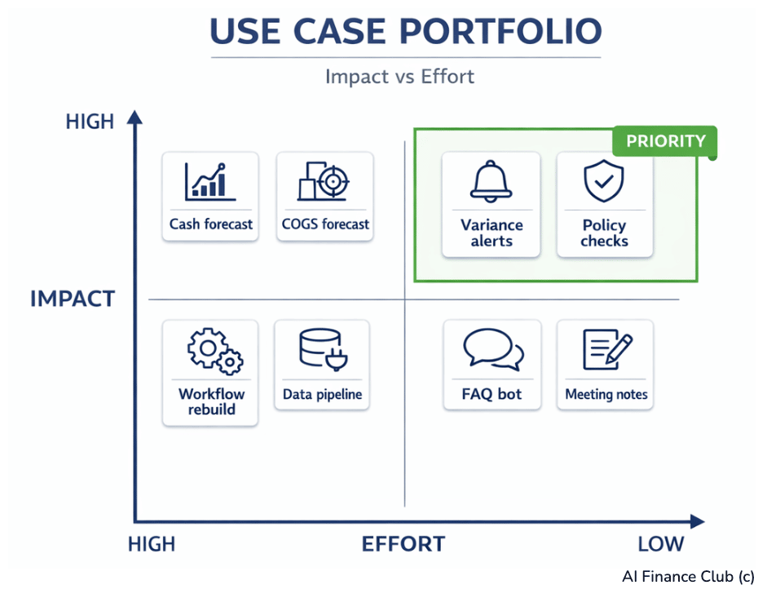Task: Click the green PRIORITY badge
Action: coord(665,141)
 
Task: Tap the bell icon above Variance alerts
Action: coord(491,182)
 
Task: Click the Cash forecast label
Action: coord(211,224)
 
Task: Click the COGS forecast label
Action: coord(325,224)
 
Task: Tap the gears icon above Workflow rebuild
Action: coord(214,352)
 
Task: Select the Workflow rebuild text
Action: coord(211,401)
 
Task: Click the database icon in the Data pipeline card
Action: coord(320,351)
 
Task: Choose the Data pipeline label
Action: coord(322,394)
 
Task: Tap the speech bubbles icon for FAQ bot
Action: coord(492,351)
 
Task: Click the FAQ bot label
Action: coord(492,394)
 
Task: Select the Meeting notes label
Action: coord(606,394)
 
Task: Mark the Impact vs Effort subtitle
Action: coord(399,77)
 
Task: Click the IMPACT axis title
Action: coord(73,299)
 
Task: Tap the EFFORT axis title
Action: coord(403,544)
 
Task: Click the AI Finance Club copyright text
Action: coord(688,576)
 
